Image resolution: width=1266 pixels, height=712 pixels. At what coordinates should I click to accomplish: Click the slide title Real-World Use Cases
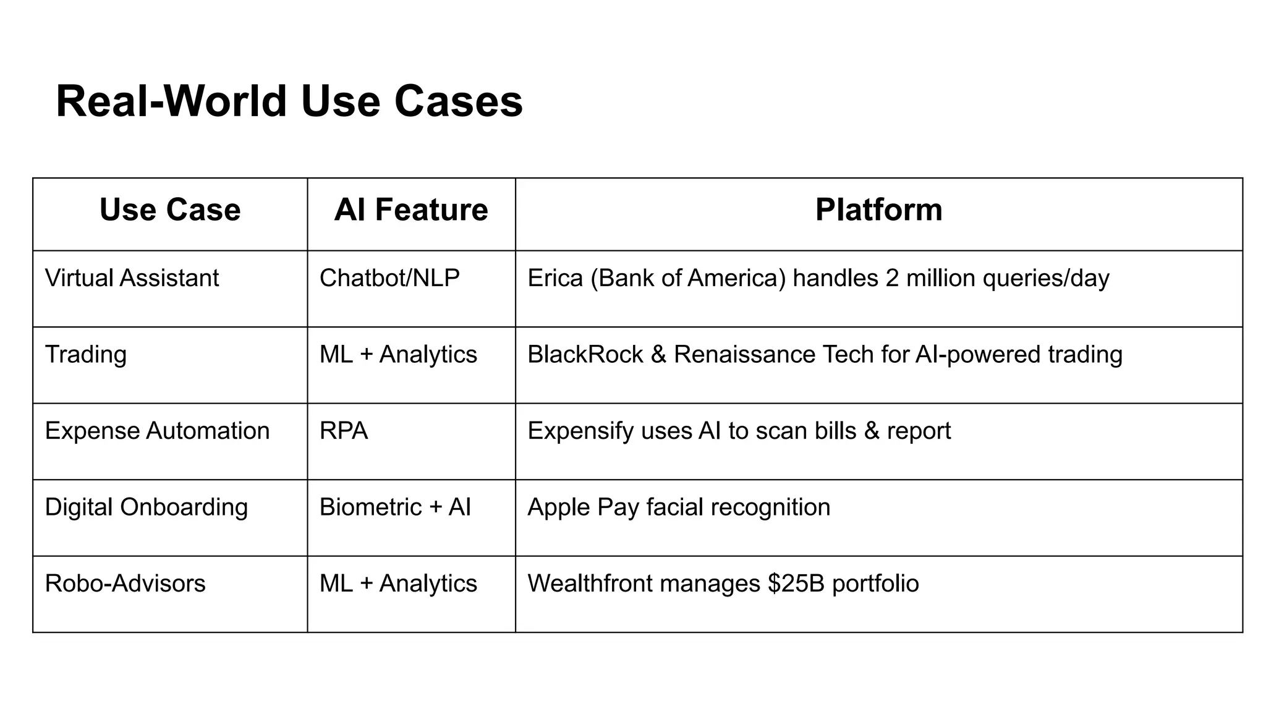click(x=289, y=101)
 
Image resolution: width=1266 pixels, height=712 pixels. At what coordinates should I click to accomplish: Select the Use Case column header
click(x=170, y=210)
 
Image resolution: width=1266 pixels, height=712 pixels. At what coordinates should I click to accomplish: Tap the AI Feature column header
click(x=411, y=210)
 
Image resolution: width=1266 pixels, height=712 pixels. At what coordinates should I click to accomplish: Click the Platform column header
click(x=878, y=210)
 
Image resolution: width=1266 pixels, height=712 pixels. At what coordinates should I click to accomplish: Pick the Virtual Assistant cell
click(x=132, y=278)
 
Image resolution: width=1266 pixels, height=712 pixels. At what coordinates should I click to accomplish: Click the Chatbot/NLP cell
click(x=389, y=278)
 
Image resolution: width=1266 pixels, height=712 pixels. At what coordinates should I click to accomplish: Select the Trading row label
click(x=86, y=355)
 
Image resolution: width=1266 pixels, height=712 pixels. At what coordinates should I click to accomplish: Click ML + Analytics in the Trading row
click(x=398, y=355)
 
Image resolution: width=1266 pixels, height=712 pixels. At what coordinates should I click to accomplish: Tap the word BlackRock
click(x=585, y=355)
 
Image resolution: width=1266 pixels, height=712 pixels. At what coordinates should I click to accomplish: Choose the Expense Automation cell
click(x=157, y=431)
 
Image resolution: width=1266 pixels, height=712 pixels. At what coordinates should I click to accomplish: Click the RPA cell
click(x=344, y=431)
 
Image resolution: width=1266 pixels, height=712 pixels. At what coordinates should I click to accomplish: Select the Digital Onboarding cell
click(x=147, y=507)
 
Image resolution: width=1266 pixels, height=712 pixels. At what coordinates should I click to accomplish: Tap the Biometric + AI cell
click(x=395, y=507)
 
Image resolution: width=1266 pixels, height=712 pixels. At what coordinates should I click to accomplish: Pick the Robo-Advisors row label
click(x=125, y=583)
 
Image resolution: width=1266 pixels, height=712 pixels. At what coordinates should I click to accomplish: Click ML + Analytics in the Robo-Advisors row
click(x=398, y=583)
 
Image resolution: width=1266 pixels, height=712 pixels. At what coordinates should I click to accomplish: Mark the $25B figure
click(x=796, y=583)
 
